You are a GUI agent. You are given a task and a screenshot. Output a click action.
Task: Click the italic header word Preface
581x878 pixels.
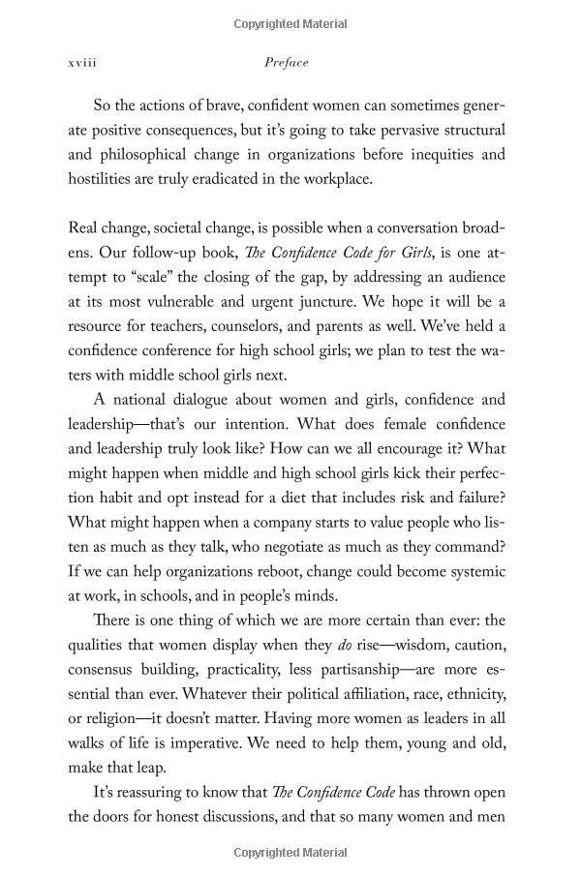click(x=287, y=63)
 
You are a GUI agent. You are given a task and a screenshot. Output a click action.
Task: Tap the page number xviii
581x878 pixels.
click(x=83, y=63)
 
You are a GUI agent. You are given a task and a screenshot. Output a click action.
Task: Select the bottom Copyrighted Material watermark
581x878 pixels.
click(x=290, y=853)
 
